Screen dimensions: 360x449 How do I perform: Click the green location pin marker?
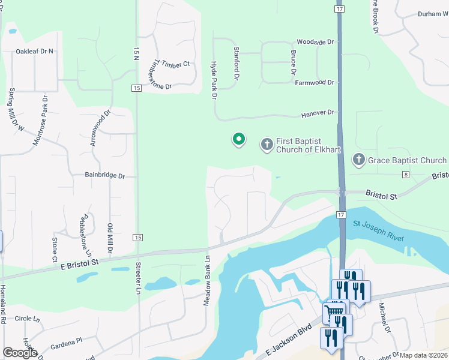coord(239,140)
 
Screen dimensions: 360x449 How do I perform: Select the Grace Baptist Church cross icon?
coord(358,160)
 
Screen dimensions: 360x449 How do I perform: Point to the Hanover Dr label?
coord(317,113)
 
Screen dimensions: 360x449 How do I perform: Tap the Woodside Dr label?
coord(315,42)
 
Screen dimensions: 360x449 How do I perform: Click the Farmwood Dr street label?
coord(314,82)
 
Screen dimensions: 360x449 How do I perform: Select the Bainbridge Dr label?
coord(104,176)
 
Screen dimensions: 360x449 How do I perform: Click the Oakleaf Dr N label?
coord(35,52)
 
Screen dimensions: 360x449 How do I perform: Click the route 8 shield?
coord(406,175)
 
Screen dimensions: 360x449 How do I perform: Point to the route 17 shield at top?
coord(340,10)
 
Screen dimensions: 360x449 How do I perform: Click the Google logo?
coord(20,353)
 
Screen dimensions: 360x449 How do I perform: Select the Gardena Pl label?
coord(66,341)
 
